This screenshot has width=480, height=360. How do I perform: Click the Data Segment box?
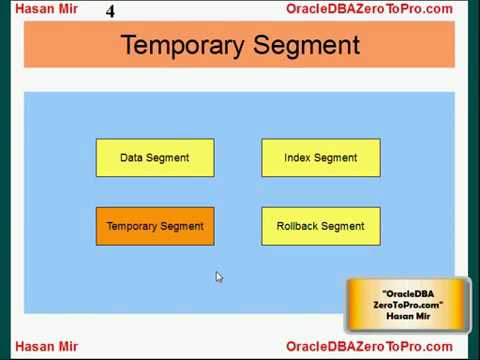(x=155, y=158)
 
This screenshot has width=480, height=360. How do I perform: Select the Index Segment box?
(x=320, y=158)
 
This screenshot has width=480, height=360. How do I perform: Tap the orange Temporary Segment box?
(x=155, y=226)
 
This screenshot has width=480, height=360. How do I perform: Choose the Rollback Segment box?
(x=320, y=226)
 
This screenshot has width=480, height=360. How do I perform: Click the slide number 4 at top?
(x=111, y=12)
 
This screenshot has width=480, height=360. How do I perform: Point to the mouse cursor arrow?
(x=219, y=276)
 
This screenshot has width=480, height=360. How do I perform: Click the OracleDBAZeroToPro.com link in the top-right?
(x=369, y=10)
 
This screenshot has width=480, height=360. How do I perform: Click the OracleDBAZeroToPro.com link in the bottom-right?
(x=369, y=347)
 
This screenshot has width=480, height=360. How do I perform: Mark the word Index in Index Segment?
(x=298, y=158)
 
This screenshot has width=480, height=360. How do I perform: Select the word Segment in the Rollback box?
(x=343, y=226)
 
